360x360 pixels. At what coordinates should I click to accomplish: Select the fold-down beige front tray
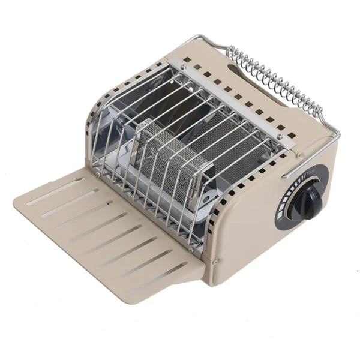point(108,228)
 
